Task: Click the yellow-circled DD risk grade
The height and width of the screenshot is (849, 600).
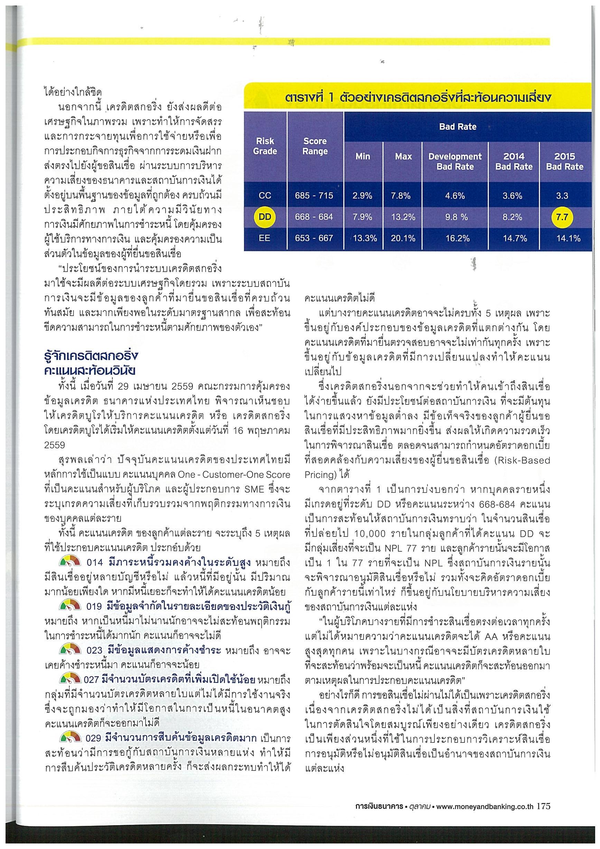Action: point(265,217)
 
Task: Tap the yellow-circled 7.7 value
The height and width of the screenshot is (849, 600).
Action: point(562,217)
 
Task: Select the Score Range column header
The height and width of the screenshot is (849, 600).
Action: point(315,146)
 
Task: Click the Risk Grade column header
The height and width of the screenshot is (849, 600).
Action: point(265,146)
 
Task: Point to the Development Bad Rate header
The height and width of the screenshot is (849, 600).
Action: point(455,161)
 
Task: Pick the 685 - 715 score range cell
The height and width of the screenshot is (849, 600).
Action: point(314,196)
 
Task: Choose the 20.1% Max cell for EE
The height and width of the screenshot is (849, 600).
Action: point(403,239)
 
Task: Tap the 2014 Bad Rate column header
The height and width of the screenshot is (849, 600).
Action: point(514,161)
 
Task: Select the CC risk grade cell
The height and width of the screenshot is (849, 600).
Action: point(265,196)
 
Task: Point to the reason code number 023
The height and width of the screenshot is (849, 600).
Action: point(94,650)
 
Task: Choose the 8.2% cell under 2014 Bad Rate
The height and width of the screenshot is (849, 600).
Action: point(512,217)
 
